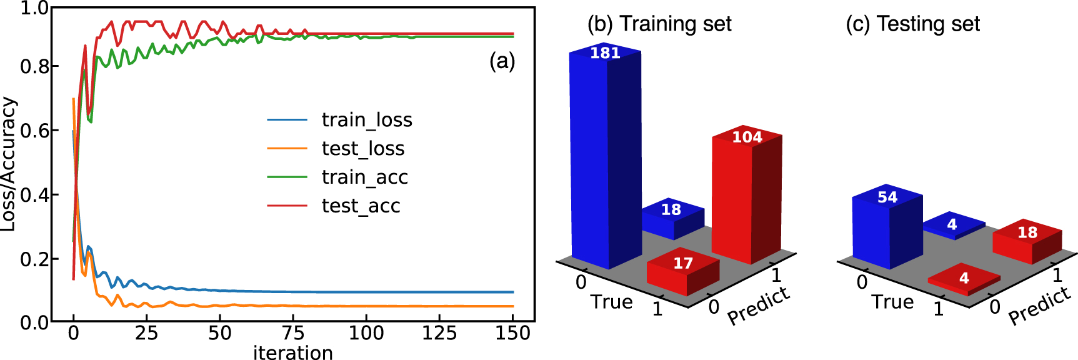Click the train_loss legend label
(367, 119)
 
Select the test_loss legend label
(363, 148)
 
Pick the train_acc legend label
(364, 177)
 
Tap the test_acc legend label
(361, 206)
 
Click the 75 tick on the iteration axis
(292, 333)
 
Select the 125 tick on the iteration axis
(439, 333)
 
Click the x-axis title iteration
(292, 352)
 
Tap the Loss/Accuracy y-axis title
(8, 164)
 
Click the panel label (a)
(502, 61)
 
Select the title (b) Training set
(659, 24)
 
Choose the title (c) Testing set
(912, 24)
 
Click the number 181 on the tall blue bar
(605, 53)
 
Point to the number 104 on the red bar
(747, 137)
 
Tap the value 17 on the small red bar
(682, 263)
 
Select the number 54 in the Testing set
(887, 197)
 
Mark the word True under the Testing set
(892, 302)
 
